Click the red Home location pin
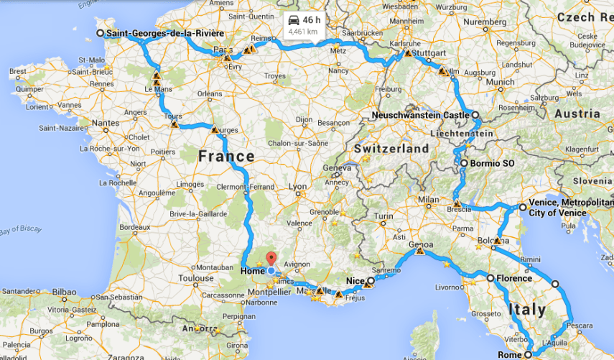click(271, 259)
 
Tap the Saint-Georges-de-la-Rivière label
click(164, 33)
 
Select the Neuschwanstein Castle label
click(420, 115)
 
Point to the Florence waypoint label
click(513, 278)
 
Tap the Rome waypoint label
click(509, 354)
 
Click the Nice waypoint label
click(355, 280)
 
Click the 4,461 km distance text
click(302, 32)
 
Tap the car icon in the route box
click(294, 20)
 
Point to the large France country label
click(226, 156)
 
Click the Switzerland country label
click(391, 149)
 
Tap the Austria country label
click(577, 114)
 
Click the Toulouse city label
click(197, 277)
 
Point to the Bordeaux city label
click(134, 227)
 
